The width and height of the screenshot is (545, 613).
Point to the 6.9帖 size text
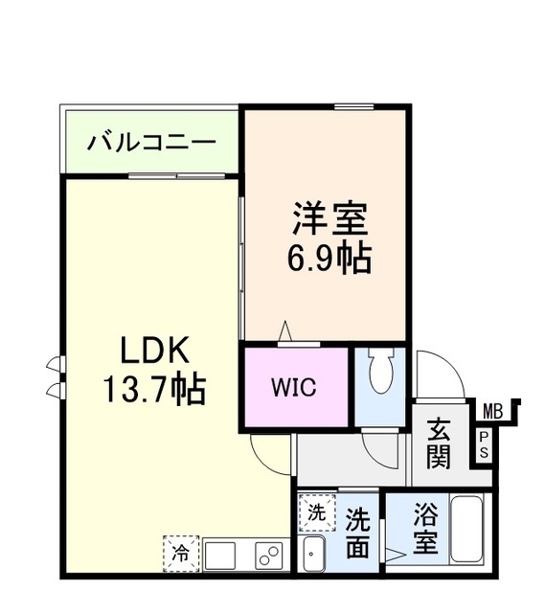click(329, 259)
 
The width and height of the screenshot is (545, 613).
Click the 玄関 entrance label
click(439, 443)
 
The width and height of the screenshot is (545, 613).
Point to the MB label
click(491, 411)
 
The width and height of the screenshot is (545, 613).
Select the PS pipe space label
click(484, 444)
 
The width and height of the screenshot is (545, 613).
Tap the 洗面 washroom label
click(357, 532)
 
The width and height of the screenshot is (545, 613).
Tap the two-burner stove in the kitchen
click(269, 556)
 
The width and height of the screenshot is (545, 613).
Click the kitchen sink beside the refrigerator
click(220, 556)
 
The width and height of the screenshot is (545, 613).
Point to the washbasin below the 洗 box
click(312, 555)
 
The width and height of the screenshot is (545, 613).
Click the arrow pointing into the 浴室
click(395, 553)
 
